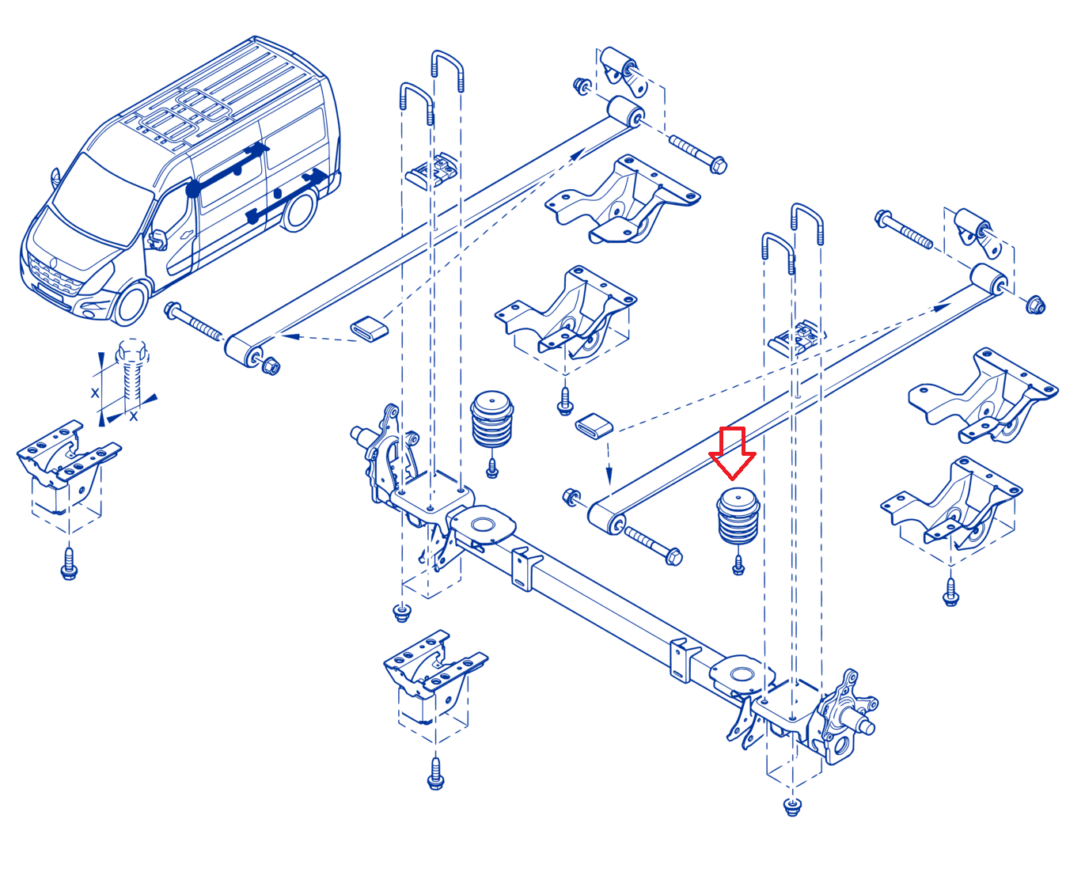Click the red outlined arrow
pos(732,453)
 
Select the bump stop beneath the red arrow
pos(738,516)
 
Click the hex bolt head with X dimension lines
pos(132,351)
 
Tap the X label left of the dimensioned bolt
pos(95,392)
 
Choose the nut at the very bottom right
pos(791,806)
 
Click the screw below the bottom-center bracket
pos(435,774)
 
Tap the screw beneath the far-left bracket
pos(70,563)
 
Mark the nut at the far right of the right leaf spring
pos(1036,305)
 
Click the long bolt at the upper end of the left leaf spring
pos(698,153)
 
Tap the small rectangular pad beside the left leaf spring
pos(369,329)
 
